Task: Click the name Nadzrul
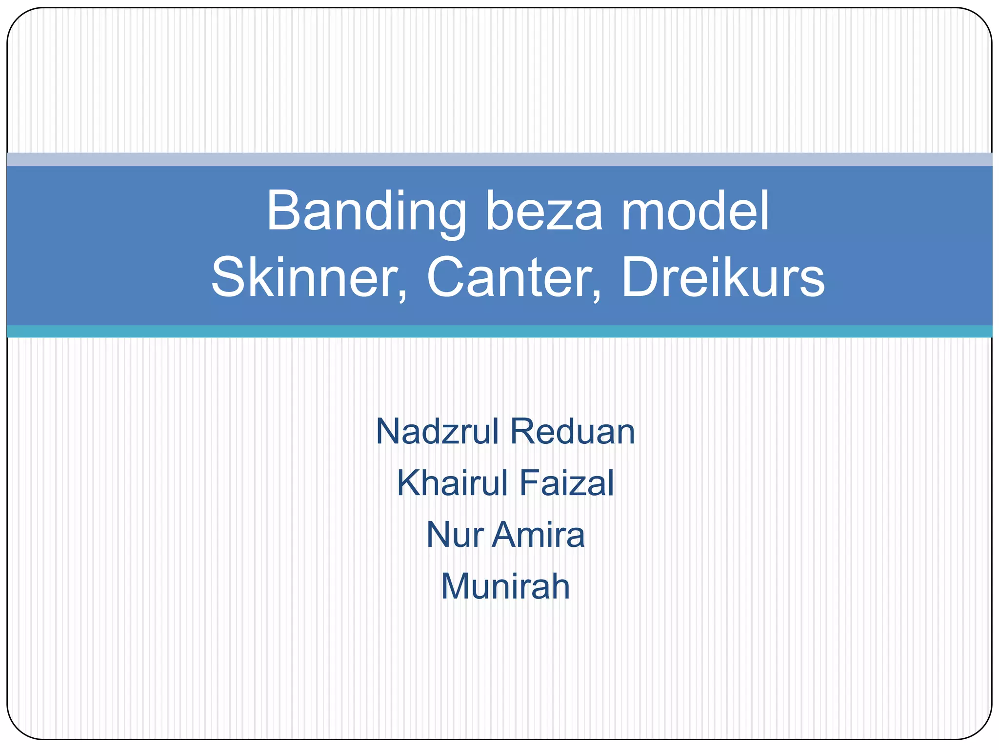click(437, 432)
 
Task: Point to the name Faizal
click(567, 483)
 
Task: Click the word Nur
click(455, 535)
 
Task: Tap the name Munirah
click(505, 586)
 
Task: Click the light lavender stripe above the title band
click(499, 159)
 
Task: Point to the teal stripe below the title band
click(499, 331)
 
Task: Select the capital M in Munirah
click(457, 586)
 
